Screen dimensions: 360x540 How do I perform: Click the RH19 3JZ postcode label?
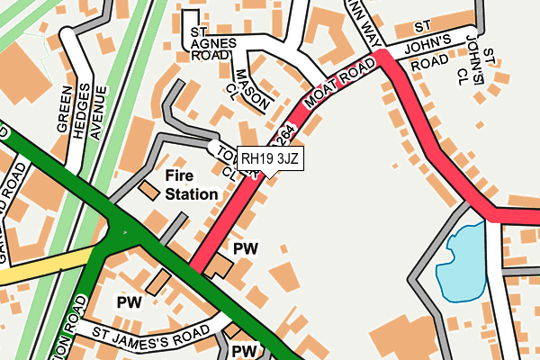(271, 158)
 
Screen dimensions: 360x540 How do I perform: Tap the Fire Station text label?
(191, 184)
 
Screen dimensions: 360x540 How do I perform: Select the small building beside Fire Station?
(148, 190)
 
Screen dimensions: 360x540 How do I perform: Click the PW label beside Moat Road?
(245, 249)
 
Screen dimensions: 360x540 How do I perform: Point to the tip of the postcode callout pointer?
(261, 176)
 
